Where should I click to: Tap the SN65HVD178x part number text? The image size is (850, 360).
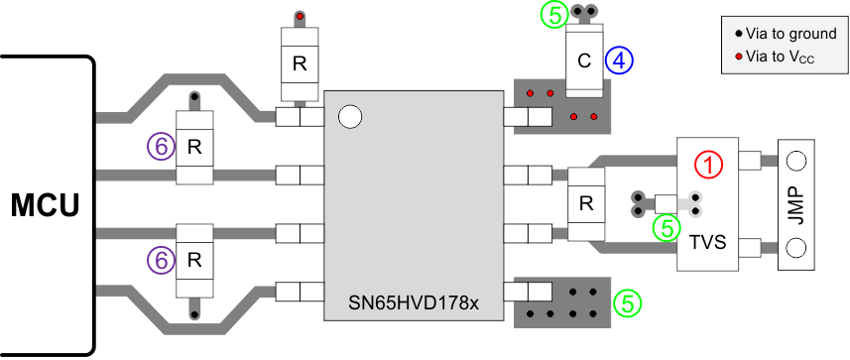(x=415, y=301)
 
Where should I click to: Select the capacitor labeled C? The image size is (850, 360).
(x=584, y=60)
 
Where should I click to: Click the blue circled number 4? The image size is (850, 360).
(x=621, y=60)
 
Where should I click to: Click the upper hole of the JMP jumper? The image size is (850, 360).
(x=800, y=160)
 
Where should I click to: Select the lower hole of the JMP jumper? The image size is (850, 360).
(x=800, y=247)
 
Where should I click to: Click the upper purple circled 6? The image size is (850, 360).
(x=159, y=147)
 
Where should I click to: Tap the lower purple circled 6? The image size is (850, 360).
(x=159, y=260)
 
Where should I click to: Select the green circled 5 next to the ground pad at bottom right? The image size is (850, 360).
(x=626, y=302)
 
